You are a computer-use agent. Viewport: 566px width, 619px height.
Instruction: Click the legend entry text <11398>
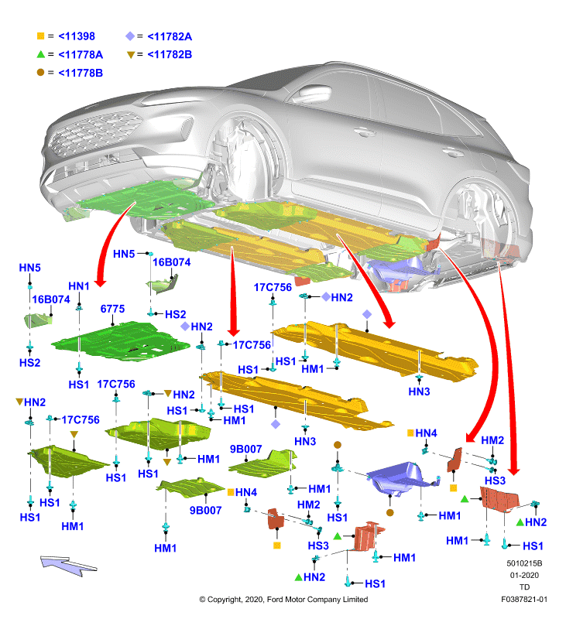[77, 36]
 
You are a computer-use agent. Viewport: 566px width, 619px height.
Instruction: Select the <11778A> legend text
[81, 54]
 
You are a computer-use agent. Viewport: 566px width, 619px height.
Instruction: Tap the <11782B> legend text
[170, 54]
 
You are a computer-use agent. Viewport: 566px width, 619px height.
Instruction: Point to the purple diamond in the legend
[130, 36]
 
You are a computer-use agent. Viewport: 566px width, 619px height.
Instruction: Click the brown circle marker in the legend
[41, 72]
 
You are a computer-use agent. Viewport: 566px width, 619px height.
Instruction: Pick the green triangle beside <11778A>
[41, 54]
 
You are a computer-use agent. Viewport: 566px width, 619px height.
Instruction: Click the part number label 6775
[112, 309]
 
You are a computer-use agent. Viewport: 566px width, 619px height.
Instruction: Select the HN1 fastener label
[79, 286]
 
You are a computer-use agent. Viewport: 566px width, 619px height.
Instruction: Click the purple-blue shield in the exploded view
[399, 478]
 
